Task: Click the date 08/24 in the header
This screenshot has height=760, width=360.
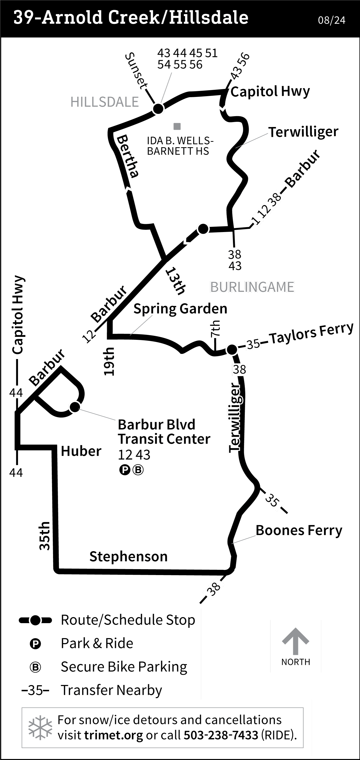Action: tap(331, 20)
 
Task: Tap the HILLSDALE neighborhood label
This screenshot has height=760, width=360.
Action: tap(105, 102)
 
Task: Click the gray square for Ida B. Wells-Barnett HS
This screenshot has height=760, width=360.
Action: tap(177, 127)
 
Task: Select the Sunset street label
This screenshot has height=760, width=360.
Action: tap(136, 71)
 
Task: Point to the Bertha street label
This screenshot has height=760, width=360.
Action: tap(128, 156)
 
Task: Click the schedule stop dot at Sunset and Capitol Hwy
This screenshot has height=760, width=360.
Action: tap(158, 109)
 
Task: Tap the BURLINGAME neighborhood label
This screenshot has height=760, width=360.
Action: tap(252, 287)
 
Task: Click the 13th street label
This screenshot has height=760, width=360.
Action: tap(176, 281)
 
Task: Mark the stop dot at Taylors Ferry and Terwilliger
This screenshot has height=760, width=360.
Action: tap(232, 350)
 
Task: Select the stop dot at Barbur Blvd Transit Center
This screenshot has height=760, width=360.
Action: tap(75, 407)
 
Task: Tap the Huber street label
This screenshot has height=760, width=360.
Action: tap(81, 451)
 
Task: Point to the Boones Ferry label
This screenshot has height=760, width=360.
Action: tap(299, 530)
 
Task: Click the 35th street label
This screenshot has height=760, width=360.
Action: tap(45, 536)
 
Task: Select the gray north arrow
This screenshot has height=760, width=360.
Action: tap(295, 641)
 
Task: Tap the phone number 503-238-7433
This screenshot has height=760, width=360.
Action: tap(221, 735)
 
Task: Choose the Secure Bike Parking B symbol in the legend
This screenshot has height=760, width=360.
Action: tap(36, 667)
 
